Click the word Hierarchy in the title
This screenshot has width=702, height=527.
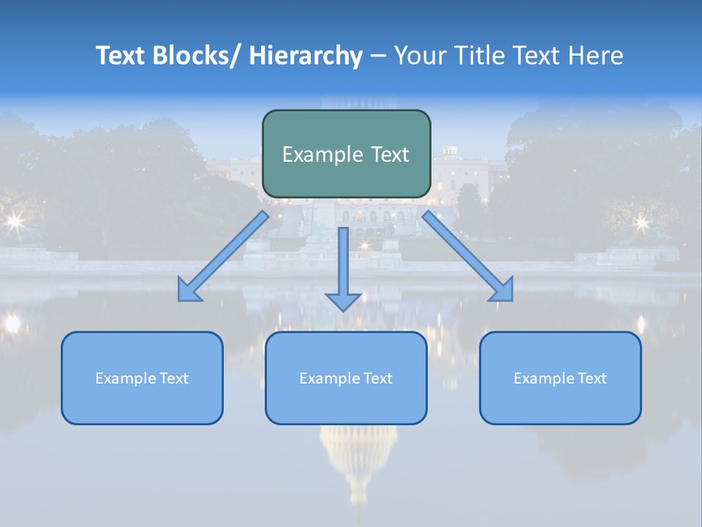click(306, 56)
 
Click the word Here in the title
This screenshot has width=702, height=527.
click(596, 56)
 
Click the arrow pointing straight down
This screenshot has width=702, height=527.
click(343, 263)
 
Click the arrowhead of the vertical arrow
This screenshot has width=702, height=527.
click(343, 301)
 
